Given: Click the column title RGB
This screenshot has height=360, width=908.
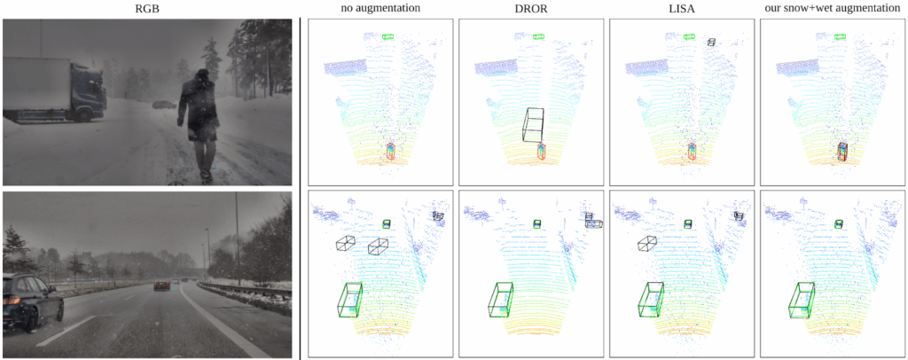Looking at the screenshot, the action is (147, 8).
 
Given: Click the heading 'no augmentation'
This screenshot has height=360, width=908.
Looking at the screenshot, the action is (380, 8).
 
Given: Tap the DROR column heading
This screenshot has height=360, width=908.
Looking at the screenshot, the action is (531, 8).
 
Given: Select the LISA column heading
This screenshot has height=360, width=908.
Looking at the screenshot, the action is (682, 8).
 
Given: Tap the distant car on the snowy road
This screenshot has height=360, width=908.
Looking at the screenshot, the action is (164, 104).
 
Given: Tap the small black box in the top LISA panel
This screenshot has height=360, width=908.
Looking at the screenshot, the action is (712, 42).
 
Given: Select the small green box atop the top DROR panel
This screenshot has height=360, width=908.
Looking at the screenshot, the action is (538, 36).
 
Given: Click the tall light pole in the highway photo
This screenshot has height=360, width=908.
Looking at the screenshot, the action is (238, 238).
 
